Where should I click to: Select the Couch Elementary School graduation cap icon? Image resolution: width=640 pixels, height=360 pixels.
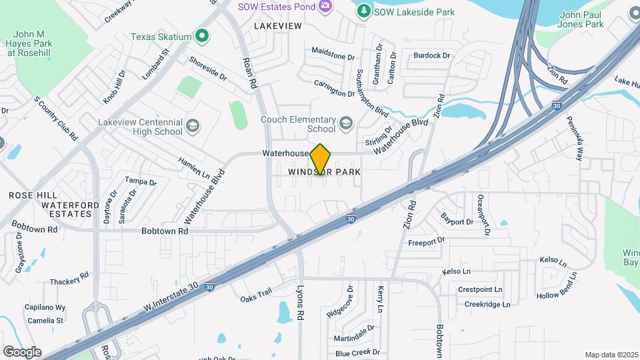(x=346, y=123)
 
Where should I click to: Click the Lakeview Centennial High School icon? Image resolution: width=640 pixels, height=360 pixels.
(x=193, y=126)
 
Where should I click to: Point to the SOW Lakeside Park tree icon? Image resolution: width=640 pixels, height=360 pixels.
(x=363, y=11)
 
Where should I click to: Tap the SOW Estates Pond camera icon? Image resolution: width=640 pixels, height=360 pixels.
(x=325, y=6)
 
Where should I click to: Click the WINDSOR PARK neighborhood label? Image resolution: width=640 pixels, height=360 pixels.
(x=325, y=172)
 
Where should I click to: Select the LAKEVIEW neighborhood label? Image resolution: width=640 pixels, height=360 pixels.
(x=278, y=26)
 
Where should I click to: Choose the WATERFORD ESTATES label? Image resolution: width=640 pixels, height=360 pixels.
(x=67, y=209)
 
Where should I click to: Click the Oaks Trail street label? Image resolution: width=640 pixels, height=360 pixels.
(x=257, y=294)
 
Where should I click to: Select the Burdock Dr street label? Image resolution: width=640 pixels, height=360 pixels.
(x=431, y=55)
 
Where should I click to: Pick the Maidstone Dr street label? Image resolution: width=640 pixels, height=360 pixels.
(x=333, y=53)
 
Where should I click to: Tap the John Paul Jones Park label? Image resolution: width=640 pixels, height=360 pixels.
(x=581, y=19)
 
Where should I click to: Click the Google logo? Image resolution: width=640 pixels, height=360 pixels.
(x=22, y=351)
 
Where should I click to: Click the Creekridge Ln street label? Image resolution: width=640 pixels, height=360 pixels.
(x=487, y=304)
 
